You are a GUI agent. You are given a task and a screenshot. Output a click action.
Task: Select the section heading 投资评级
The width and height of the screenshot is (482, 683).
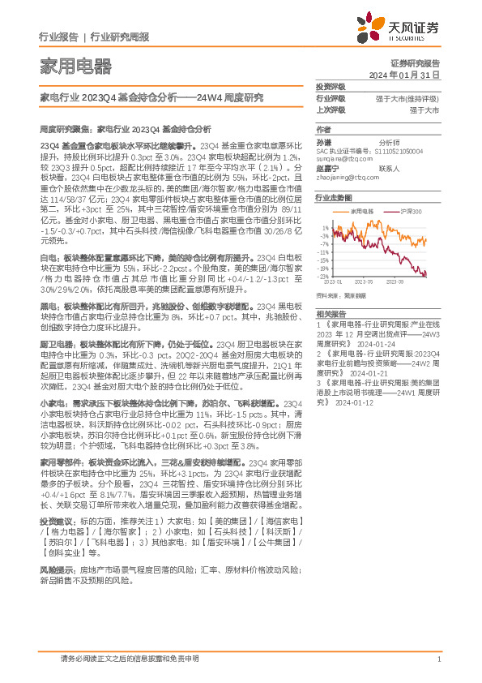(331, 86)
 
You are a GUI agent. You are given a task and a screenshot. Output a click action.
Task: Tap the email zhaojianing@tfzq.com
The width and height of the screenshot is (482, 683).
(347, 177)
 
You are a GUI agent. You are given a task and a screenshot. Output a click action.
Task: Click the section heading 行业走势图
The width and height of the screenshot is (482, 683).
(334, 197)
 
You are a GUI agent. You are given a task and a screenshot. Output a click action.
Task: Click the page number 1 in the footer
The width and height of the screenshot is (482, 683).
(438, 659)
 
